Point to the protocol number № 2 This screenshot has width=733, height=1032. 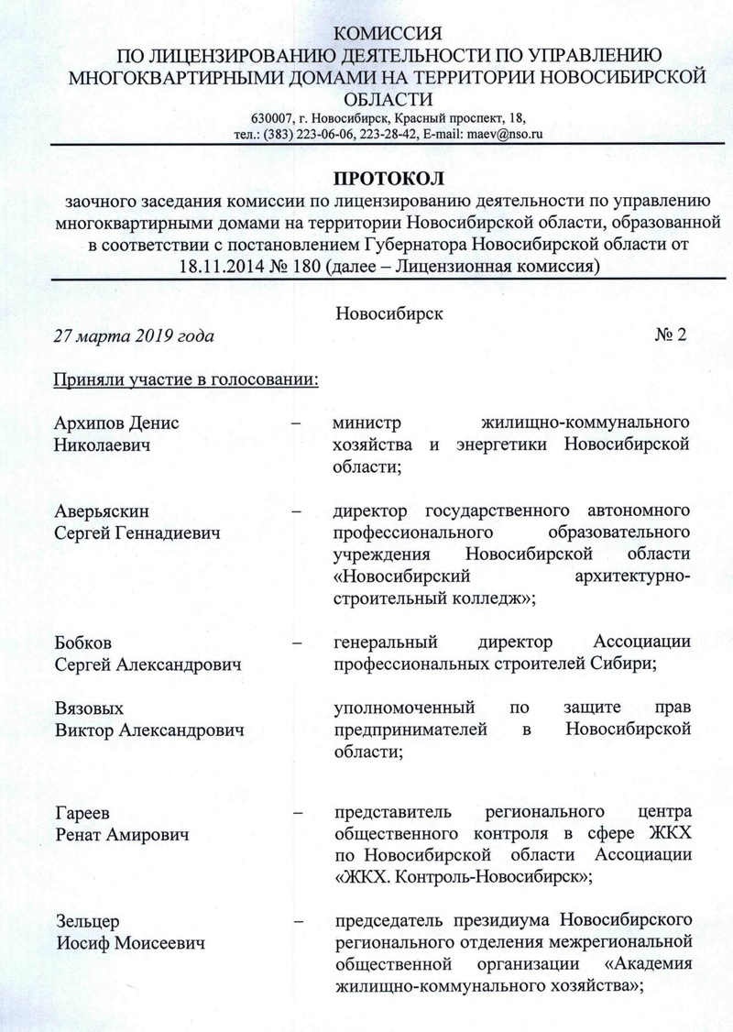coord(670,335)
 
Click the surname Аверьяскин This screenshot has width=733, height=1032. coord(101,511)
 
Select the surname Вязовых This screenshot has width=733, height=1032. coord(89,709)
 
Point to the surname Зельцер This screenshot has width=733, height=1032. coord(85,919)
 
